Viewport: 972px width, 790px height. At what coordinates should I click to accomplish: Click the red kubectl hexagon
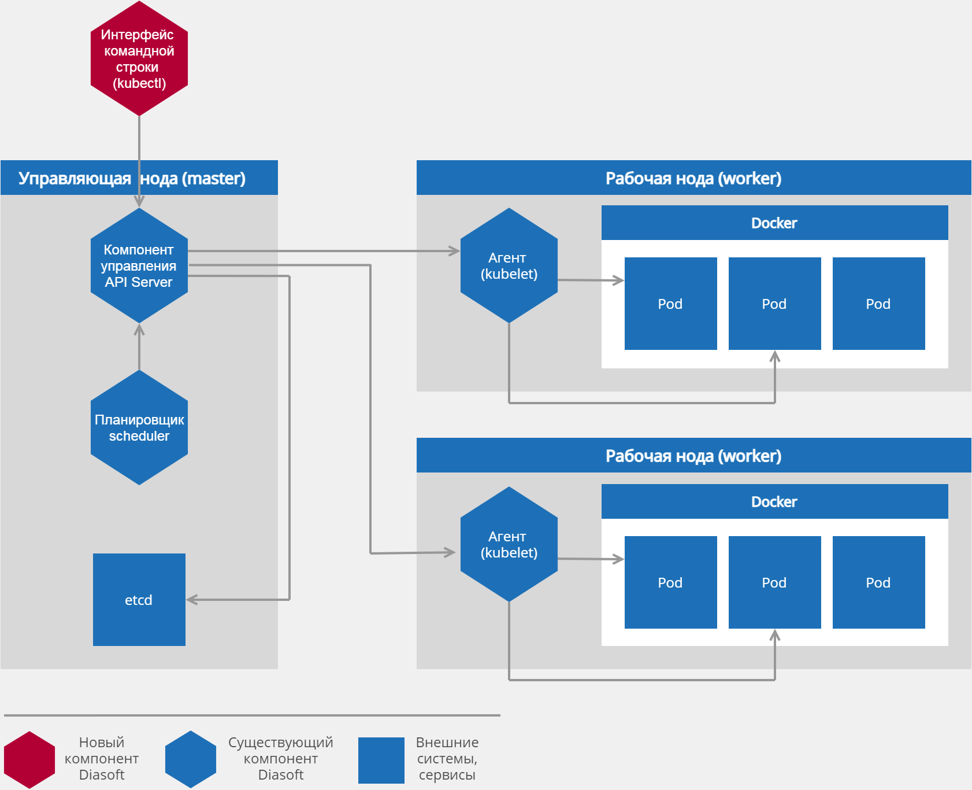[x=139, y=58]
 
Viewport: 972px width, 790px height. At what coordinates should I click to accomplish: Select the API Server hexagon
[x=139, y=265]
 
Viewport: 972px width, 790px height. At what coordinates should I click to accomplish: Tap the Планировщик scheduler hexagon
[x=139, y=427]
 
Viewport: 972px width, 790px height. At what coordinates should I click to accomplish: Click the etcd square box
[x=139, y=600]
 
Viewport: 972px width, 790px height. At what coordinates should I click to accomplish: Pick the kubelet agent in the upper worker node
[x=509, y=265]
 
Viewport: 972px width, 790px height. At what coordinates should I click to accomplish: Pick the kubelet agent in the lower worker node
[x=509, y=544]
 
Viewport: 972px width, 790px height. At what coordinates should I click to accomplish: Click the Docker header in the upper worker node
[x=774, y=223]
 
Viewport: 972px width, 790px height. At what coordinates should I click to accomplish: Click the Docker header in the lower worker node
[x=774, y=502]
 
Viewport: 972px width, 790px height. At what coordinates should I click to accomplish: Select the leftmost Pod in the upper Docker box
[x=671, y=304]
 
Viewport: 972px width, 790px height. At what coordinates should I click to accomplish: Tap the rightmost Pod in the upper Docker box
[x=878, y=304]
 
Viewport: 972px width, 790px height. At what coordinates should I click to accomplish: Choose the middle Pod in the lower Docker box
[x=774, y=582]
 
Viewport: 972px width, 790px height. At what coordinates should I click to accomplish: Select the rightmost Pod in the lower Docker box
[x=878, y=582]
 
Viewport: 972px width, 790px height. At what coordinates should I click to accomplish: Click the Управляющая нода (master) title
[x=132, y=178]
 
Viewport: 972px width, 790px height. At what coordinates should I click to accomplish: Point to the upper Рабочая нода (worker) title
[x=693, y=178]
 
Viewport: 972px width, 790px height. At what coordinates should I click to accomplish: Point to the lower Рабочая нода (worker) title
[x=693, y=456]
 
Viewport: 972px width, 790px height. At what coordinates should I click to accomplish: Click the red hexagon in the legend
[x=29, y=760]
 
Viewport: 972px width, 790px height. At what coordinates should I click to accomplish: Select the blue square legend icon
[x=381, y=760]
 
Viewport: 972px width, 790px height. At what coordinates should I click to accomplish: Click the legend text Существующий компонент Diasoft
[x=281, y=758]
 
